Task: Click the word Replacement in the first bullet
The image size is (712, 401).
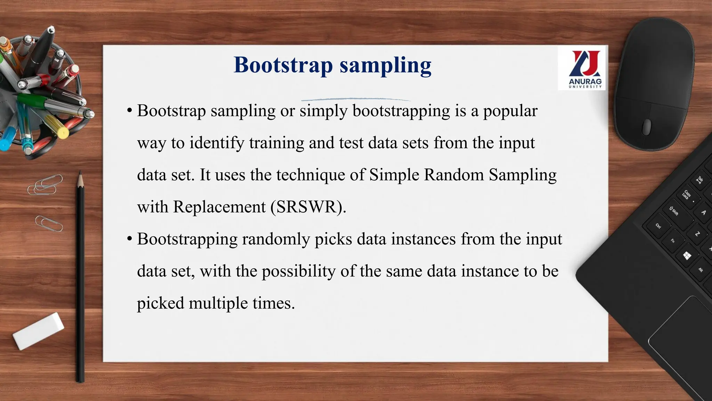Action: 219,207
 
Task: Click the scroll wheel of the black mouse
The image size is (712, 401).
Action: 647,127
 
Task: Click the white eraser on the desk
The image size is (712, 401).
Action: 38,331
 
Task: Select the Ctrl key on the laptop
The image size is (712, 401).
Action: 658,226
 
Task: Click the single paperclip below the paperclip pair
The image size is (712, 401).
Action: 49,223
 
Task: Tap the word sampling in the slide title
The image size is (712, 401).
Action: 386,65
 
